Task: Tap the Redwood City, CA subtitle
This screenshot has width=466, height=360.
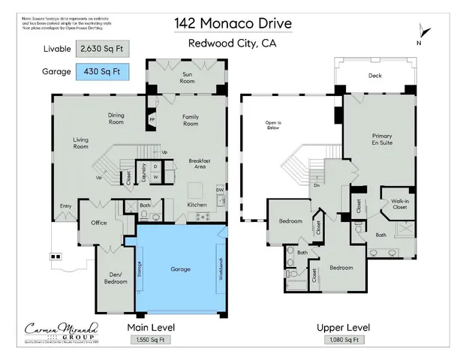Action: coord(233,43)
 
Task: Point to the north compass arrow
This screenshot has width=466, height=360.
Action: coord(425,32)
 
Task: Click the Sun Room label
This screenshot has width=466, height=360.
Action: coord(188,77)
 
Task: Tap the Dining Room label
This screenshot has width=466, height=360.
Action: coord(116,118)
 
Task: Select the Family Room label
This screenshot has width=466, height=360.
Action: coord(191,120)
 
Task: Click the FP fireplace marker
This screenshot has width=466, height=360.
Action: coord(152,119)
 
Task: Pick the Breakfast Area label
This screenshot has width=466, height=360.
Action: coord(199,164)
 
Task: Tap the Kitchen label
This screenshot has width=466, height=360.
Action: coord(197,204)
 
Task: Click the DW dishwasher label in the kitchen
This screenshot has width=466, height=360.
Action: coord(220,190)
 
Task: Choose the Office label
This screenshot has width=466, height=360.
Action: coord(99,223)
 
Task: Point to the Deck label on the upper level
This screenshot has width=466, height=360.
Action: coord(374,76)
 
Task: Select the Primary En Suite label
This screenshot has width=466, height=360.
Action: coord(382,140)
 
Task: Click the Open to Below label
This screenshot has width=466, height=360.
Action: coord(273,125)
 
